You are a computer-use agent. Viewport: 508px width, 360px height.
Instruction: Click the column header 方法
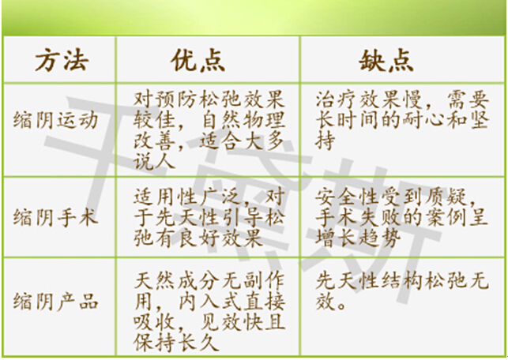(62, 60)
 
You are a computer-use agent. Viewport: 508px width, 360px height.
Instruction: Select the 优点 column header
(198, 60)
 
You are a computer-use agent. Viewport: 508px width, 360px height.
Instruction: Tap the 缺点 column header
(386, 60)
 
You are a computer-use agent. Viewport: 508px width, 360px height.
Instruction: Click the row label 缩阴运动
(55, 121)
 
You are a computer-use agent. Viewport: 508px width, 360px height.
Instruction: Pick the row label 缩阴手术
(55, 217)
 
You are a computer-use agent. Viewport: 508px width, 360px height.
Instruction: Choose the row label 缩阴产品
(55, 301)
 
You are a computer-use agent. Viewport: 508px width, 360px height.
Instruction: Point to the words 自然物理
(243, 120)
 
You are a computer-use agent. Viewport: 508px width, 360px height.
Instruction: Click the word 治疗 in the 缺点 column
(337, 99)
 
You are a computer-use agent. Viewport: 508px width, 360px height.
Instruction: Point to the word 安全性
(347, 197)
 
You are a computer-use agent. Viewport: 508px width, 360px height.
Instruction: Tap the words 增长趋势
(358, 238)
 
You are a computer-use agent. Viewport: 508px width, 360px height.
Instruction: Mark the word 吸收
(155, 322)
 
